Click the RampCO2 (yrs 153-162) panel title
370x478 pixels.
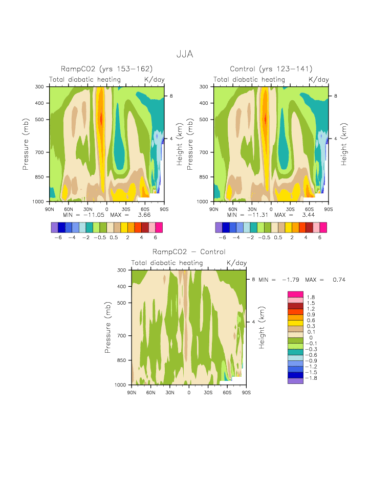107,69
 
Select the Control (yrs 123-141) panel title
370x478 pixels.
271,69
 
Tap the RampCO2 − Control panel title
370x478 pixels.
189,252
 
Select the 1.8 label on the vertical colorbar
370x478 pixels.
311,298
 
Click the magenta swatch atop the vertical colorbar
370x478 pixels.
296,294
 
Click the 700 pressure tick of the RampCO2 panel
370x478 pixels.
40,152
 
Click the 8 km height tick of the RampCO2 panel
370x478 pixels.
172,96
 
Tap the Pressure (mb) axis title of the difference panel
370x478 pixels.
108,327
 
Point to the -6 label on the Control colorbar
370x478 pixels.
222,237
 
